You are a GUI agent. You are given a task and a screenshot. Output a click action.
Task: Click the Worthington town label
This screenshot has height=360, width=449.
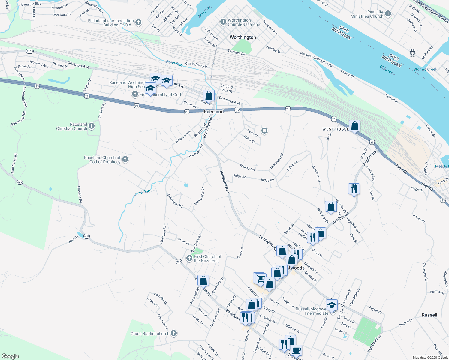coord(243,37)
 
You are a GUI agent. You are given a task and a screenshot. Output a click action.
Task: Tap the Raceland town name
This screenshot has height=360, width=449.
coord(214,112)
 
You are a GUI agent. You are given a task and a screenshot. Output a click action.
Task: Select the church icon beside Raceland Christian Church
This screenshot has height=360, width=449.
coord(92,126)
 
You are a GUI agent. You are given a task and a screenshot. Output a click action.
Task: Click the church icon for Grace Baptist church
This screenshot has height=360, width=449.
coord(173,333)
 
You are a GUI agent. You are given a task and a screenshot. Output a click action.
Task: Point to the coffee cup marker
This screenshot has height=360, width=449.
coord(296,350)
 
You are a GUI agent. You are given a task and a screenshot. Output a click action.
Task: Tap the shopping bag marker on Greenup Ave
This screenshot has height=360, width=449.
coord(209,95)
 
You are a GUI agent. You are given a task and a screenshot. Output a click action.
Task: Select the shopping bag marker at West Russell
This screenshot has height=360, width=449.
coord(354,126)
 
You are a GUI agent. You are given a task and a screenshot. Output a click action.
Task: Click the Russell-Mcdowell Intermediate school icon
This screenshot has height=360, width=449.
coord(332,305)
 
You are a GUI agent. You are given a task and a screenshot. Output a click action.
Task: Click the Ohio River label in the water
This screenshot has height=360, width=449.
coord(387,70)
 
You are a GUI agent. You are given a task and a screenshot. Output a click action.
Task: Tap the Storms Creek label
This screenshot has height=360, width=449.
coord(425,69)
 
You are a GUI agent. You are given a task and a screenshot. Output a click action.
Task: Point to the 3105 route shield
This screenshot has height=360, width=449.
coord(29,51)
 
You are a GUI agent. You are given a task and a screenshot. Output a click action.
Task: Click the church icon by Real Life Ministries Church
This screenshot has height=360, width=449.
coord(388,14)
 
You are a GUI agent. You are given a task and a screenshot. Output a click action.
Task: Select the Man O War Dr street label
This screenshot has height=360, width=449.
coord(199,196)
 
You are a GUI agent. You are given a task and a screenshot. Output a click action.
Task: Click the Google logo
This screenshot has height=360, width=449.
coord(10,356)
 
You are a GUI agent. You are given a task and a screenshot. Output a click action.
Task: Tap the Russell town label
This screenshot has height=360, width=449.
coord(429,315)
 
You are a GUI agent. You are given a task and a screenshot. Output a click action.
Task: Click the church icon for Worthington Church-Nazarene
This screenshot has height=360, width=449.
coord(223,22)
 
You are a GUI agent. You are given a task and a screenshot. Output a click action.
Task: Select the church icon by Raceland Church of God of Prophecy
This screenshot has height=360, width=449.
coord(125,159)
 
